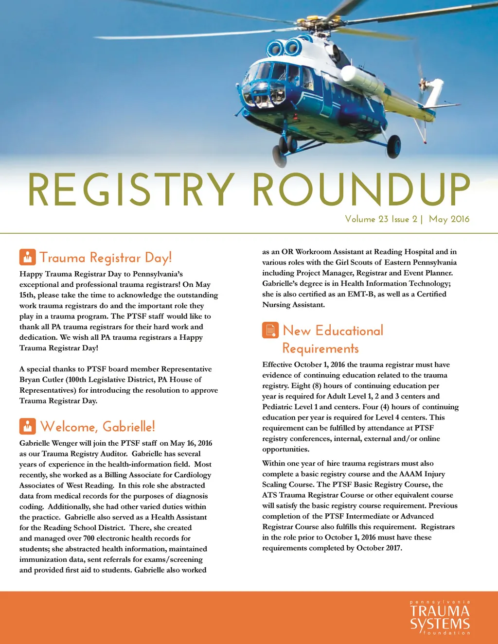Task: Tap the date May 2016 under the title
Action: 449,219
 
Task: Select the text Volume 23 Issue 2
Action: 381,219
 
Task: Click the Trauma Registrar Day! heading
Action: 106,258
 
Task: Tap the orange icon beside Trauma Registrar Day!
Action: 27,257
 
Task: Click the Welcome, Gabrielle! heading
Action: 98,427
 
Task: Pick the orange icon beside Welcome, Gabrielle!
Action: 27,426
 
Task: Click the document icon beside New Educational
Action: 270,330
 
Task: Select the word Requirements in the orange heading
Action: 320,348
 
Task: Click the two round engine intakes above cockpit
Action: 285,48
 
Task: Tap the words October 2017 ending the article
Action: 379,548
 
